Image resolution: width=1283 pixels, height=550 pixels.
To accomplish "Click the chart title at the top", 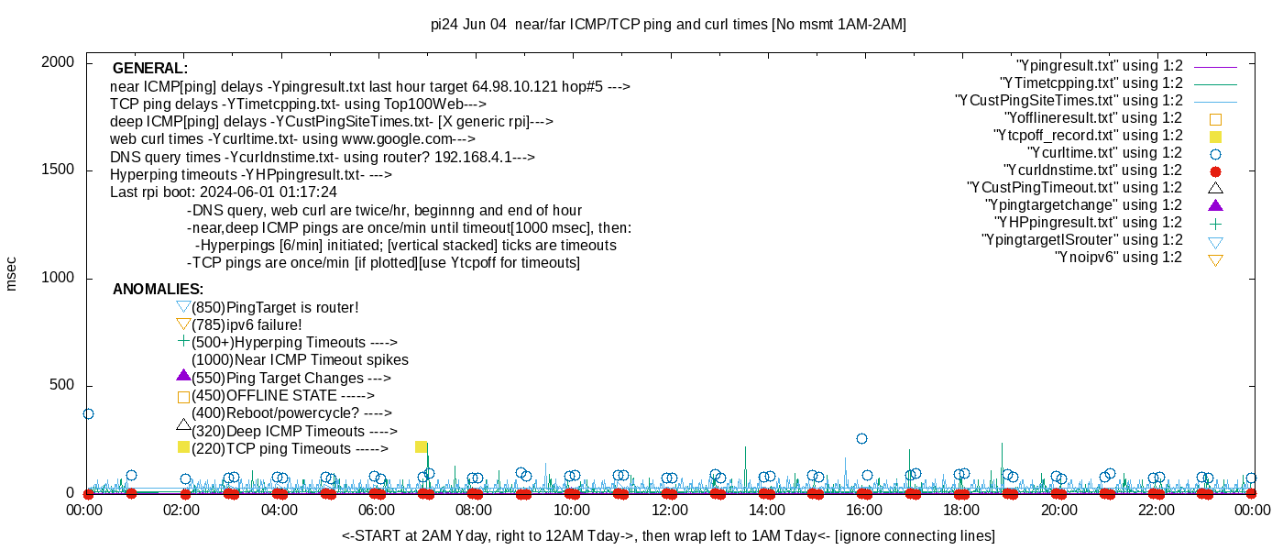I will click(x=668, y=25).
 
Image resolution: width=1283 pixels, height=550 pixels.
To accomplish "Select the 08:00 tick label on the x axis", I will click(x=474, y=510).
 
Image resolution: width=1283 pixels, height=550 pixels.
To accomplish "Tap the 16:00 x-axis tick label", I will click(x=863, y=510).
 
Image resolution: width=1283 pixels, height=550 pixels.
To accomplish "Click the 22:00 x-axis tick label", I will click(x=1156, y=510).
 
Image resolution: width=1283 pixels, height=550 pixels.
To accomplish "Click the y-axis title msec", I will click(x=12, y=273).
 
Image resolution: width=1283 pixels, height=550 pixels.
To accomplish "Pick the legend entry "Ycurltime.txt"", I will click(x=1104, y=153).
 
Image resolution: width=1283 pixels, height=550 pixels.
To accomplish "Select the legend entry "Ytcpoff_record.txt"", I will click(x=1088, y=136).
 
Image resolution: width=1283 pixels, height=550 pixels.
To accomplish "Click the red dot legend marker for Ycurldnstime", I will click(x=1215, y=170).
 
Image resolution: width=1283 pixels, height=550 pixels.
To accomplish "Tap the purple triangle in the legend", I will click(x=1215, y=205).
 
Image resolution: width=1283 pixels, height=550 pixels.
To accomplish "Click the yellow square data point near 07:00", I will click(x=422, y=447).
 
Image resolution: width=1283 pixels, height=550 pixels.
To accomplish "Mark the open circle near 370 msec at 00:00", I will click(x=88, y=413).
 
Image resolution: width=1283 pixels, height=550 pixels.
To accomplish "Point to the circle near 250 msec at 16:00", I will click(x=861, y=438).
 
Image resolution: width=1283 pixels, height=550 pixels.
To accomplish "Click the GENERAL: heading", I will click(x=150, y=69).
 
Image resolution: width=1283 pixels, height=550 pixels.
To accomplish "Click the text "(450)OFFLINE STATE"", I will click(x=282, y=396).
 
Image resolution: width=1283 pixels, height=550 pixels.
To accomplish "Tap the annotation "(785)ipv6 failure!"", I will click(x=247, y=324).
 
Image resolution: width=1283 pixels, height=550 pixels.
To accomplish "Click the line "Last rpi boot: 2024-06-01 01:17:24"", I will click(x=224, y=192).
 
